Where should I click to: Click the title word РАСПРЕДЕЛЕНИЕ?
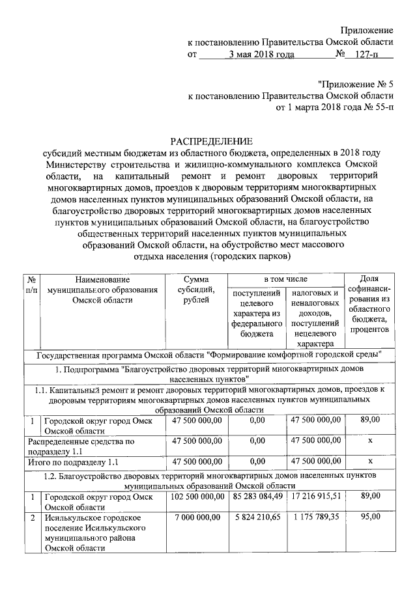click(210, 141)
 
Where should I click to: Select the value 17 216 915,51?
click(315, 497)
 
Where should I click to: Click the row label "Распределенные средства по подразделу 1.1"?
click(84, 446)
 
